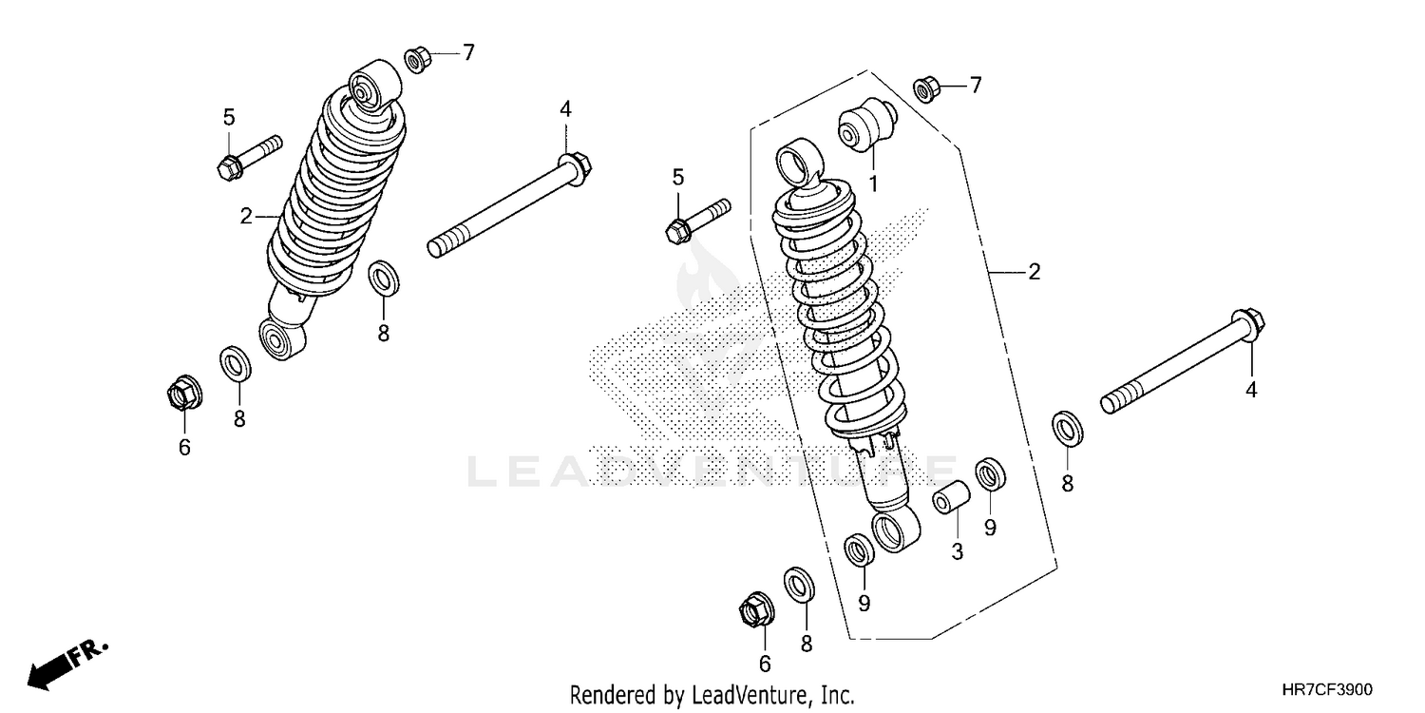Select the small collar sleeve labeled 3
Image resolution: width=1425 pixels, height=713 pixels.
[952, 498]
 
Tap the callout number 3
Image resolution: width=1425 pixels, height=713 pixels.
[957, 551]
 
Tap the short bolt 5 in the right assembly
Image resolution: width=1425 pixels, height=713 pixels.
[697, 220]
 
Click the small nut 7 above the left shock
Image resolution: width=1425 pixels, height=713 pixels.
[417, 59]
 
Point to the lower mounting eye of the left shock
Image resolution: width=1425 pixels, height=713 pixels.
[281, 338]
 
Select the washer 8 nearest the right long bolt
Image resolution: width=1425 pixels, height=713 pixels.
[1068, 428]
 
